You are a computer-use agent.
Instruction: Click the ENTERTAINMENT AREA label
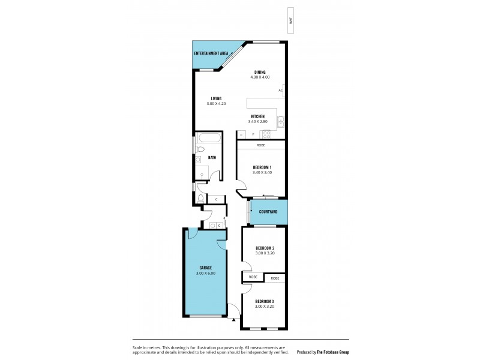point(211,53)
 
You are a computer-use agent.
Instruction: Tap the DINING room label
point(260,72)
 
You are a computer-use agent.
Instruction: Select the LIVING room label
point(216,98)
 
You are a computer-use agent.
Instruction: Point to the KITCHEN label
point(258,116)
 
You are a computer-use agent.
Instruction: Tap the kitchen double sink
point(280,122)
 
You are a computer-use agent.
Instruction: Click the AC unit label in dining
point(280,91)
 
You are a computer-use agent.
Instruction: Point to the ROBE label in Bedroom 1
point(261,145)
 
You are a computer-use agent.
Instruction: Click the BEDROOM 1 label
point(262,167)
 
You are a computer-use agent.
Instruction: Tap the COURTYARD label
point(268,212)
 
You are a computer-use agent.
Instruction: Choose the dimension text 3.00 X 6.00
point(205,274)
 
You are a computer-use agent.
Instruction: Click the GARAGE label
point(205,268)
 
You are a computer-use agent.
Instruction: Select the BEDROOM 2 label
point(265,248)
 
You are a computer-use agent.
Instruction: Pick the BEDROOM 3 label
point(265,301)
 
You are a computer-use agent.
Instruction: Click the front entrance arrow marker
point(233,320)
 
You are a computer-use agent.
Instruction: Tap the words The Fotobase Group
point(332,352)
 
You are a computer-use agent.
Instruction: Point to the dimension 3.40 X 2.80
point(258,122)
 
